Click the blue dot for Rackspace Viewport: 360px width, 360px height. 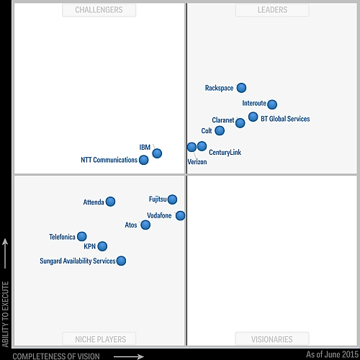point(241,88)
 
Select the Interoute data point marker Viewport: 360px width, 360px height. point(271,104)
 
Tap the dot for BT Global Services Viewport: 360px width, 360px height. point(253,117)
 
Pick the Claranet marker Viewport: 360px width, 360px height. point(240,123)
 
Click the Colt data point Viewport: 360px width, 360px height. point(220,130)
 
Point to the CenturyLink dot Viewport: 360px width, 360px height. point(202,146)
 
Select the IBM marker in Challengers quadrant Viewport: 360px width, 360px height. point(157,153)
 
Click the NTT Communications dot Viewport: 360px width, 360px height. point(143,160)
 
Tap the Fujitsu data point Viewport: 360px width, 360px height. point(172,199)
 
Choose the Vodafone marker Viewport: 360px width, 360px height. point(180,215)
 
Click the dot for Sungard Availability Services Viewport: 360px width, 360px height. point(121,261)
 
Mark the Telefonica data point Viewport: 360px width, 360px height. point(81,236)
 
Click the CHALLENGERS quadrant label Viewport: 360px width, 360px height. point(99,10)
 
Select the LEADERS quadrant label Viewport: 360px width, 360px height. point(272,10)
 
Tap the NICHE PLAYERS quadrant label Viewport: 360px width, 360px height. point(100,339)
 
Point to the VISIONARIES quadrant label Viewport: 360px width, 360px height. point(272,339)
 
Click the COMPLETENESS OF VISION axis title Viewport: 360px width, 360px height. point(56,356)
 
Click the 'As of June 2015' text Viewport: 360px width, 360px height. point(332,355)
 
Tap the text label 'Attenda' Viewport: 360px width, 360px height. point(94,202)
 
